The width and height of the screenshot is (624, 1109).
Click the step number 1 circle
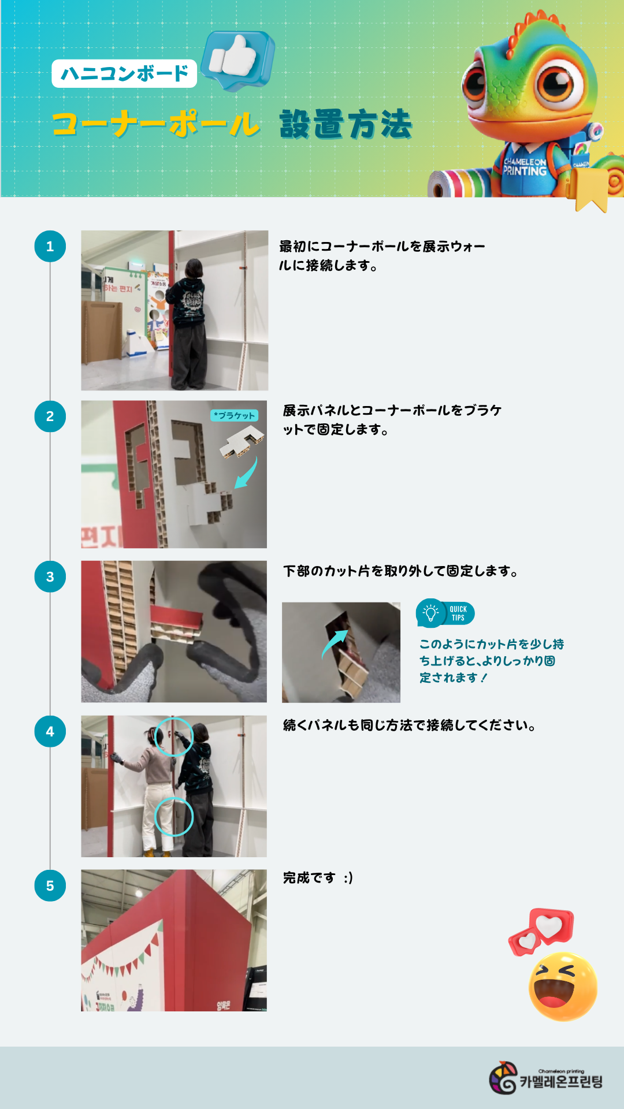pyautogui.click(x=50, y=247)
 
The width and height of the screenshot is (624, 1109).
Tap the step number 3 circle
pyautogui.click(x=50, y=576)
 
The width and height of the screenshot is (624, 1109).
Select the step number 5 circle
pyautogui.click(x=50, y=885)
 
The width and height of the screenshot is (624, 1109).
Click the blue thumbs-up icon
pyautogui.click(x=237, y=60)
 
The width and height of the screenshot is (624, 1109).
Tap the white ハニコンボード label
pyautogui.click(x=124, y=73)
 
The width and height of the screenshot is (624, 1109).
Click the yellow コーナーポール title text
pyautogui.click(x=156, y=124)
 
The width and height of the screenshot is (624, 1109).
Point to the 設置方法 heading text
pyautogui.click(x=346, y=124)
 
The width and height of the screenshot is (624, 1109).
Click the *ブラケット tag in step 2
pyautogui.click(x=234, y=415)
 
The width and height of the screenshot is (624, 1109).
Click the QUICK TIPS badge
pyautogui.click(x=445, y=613)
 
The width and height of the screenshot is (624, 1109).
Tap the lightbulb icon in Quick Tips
pyautogui.click(x=430, y=613)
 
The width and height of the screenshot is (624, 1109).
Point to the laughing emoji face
pyautogui.click(x=563, y=986)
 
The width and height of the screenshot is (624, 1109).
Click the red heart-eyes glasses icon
pyautogui.click(x=541, y=931)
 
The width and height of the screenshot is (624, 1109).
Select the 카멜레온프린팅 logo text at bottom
pyautogui.click(x=561, y=1081)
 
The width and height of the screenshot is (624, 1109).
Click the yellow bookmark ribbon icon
pyautogui.click(x=590, y=190)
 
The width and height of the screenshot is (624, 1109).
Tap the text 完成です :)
pyautogui.click(x=318, y=878)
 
